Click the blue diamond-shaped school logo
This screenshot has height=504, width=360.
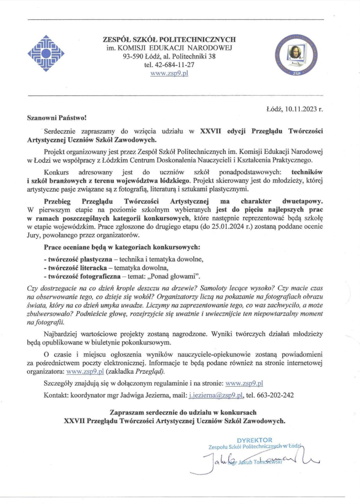pos(46,53)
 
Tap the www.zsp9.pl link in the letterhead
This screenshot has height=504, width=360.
pos(169,73)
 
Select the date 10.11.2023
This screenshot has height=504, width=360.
pos(301,109)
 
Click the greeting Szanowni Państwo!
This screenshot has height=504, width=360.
pos(57,118)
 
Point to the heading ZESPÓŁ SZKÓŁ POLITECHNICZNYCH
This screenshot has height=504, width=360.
pos(169,40)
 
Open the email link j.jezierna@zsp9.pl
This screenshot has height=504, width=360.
pos(216,395)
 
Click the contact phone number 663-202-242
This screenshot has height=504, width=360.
pos(275,395)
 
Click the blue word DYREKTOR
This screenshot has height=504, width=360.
pos(254,440)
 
